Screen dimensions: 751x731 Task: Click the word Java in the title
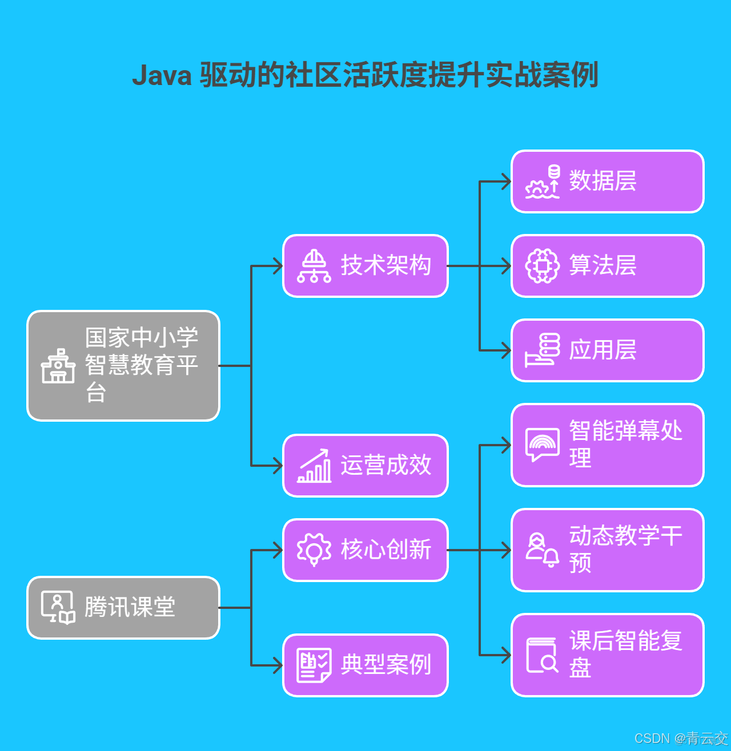[162, 75]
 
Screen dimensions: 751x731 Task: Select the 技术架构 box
[365, 266]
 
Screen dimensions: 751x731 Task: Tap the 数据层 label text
[603, 181]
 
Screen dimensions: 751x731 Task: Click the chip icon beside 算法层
[542, 266]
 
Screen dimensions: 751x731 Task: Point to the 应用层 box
[608, 350]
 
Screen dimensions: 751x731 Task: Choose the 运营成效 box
[365, 466]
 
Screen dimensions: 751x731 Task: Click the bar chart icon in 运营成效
[314, 466]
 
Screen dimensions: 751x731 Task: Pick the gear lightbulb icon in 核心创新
[314, 550]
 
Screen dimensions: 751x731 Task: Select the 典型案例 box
[365, 665]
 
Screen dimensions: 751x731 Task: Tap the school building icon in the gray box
[58, 366]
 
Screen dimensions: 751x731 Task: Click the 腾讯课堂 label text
[130, 607]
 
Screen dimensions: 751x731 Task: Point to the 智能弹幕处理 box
[608, 445]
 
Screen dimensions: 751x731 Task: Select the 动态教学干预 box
[608, 550]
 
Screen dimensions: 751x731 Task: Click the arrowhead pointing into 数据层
[506, 181]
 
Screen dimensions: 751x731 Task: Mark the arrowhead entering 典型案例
[278, 665]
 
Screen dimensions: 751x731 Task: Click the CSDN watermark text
[652, 738]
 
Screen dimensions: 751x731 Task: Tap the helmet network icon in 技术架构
[314, 266]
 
